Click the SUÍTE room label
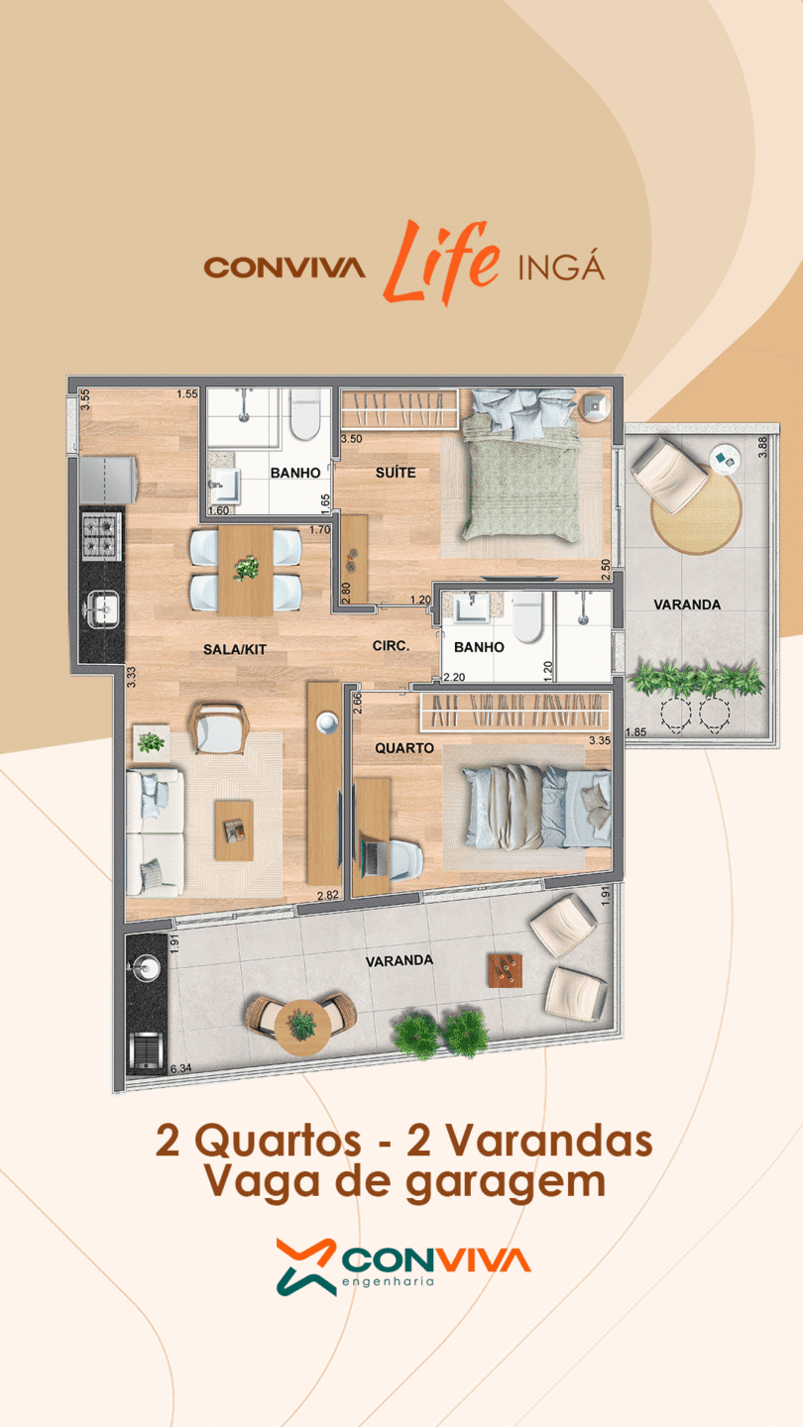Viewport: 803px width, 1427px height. pyautogui.click(x=396, y=472)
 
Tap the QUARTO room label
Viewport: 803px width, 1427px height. pyautogui.click(x=404, y=748)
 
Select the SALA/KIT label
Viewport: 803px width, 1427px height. pyautogui.click(x=235, y=650)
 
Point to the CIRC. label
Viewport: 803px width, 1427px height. pyautogui.click(x=391, y=645)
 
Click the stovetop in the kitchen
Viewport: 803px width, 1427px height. pyautogui.click(x=101, y=535)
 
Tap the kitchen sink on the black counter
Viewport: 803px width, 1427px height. pyautogui.click(x=102, y=607)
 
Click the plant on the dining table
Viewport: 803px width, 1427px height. pyautogui.click(x=246, y=568)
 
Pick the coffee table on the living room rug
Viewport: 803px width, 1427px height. pyautogui.click(x=234, y=830)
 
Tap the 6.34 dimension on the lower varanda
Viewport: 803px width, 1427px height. pyautogui.click(x=181, y=1067)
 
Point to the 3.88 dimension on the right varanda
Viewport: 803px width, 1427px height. pyautogui.click(x=762, y=447)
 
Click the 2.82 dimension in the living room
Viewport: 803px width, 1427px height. pyautogui.click(x=327, y=895)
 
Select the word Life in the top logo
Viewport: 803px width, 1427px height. pyautogui.click(x=442, y=262)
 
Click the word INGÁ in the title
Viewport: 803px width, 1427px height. pyautogui.click(x=561, y=267)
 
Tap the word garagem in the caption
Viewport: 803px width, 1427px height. pyautogui.click(x=506, y=1183)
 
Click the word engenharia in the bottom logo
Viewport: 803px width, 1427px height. pyautogui.click(x=389, y=1281)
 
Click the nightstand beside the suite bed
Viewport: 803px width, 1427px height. pyautogui.click(x=595, y=405)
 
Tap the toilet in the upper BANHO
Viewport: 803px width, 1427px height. pyautogui.click(x=304, y=414)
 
